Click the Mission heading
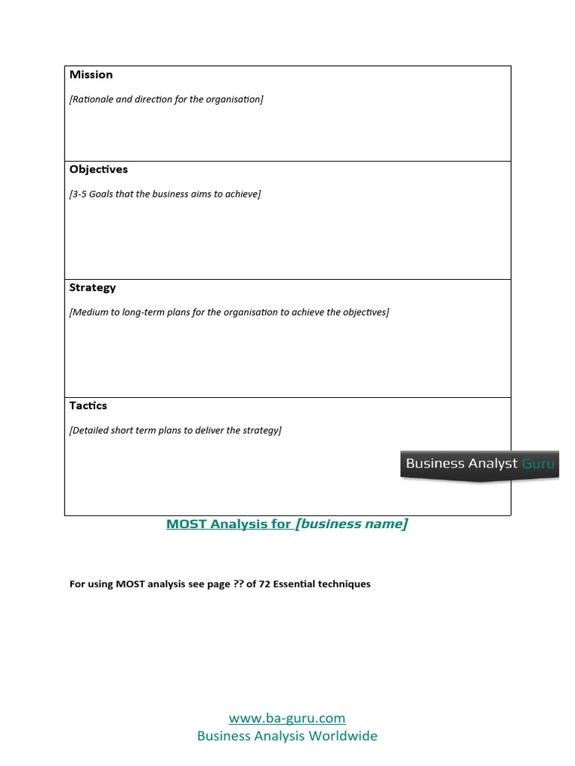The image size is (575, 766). (91, 75)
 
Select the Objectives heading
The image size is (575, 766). (99, 170)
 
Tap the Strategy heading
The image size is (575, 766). (93, 288)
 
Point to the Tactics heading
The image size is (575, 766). (88, 406)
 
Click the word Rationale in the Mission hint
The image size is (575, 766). (91, 99)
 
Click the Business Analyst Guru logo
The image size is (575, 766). (479, 464)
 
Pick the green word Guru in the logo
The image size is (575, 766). (538, 464)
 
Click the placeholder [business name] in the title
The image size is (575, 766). (351, 524)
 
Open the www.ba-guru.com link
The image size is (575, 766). (287, 719)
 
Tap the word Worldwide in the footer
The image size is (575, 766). (344, 736)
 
